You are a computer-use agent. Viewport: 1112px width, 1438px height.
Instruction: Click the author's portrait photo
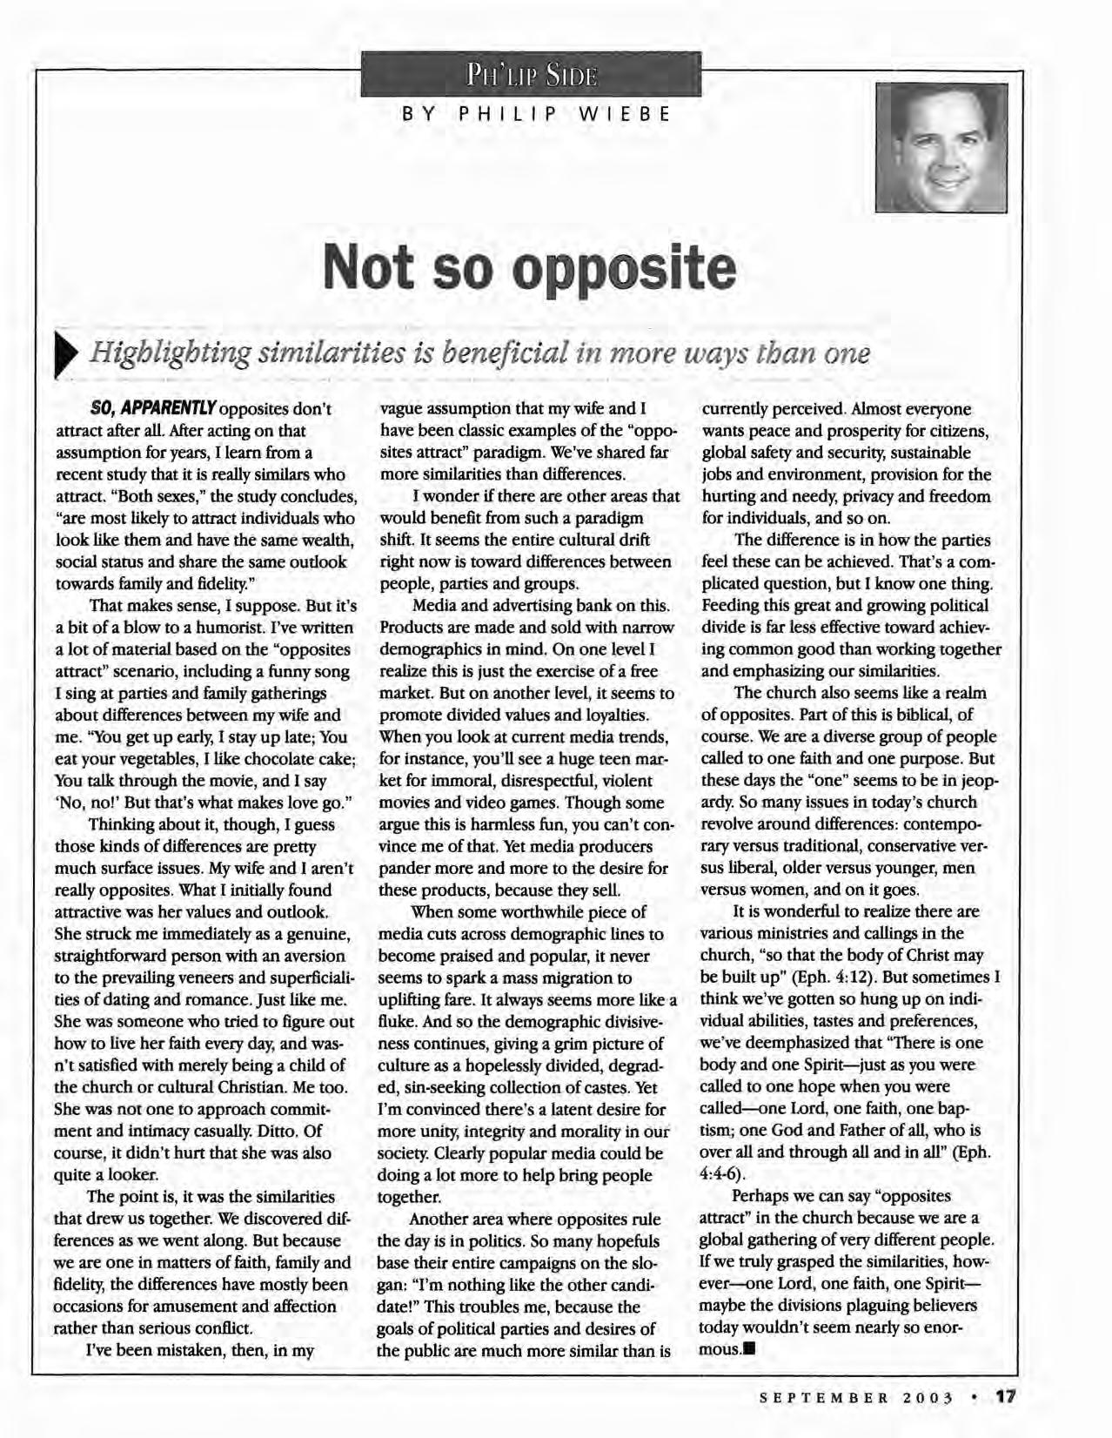941,147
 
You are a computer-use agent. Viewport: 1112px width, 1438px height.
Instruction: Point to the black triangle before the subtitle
66,357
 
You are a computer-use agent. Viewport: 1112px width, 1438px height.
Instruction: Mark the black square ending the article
748,1351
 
